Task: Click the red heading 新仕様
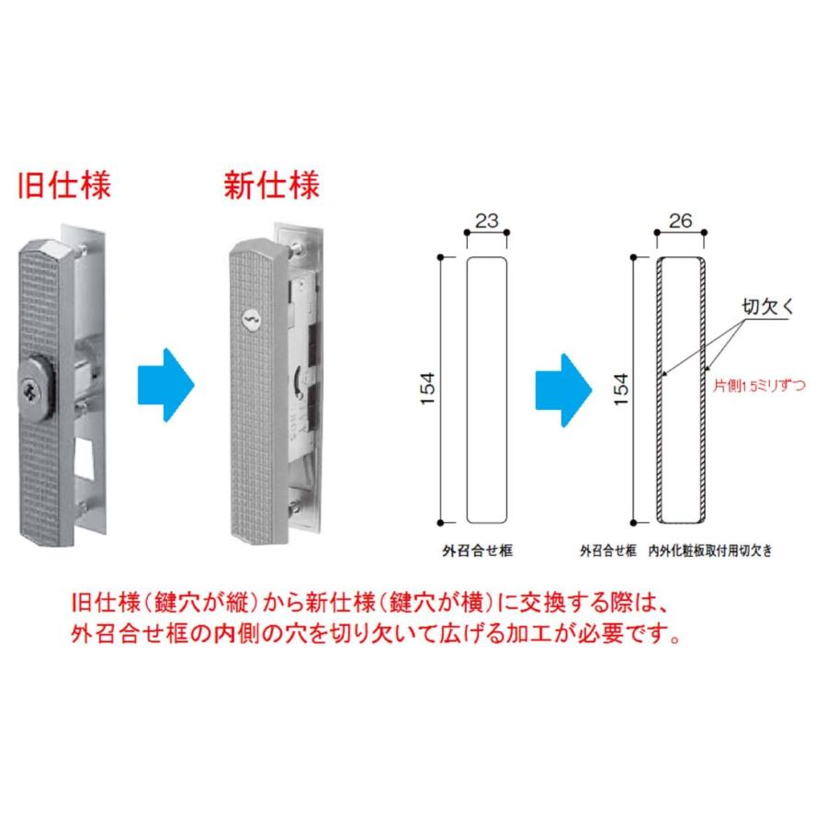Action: click(272, 185)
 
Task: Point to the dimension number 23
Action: click(487, 221)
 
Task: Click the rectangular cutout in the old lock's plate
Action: click(88, 459)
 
